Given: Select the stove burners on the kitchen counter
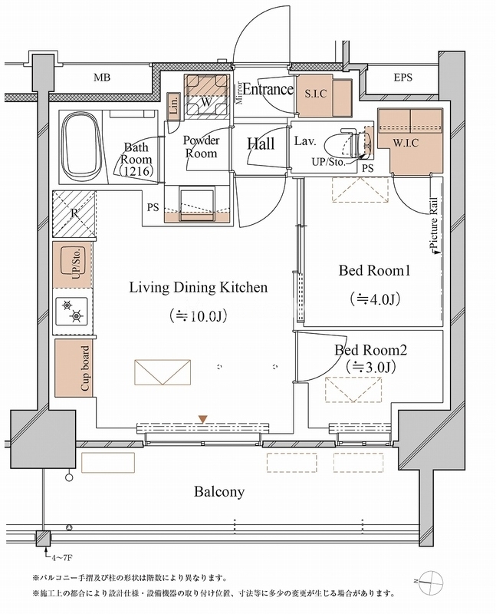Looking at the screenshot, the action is (x=72, y=312).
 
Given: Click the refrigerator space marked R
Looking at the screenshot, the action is (x=74, y=213).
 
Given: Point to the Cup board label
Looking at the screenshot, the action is (x=85, y=368).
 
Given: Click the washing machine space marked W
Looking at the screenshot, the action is (x=206, y=97).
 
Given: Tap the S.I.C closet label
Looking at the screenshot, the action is (x=316, y=94).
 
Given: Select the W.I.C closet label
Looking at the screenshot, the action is (x=406, y=143).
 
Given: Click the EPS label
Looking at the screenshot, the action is (x=403, y=78).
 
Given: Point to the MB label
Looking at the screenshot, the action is (x=102, y=78).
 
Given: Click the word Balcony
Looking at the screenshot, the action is (x=219, y=492).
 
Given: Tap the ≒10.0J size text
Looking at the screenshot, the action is (x=199, y=315).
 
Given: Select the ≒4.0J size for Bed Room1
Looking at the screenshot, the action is (x=375, y=299).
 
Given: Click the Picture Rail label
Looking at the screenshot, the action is (x=434, y=223).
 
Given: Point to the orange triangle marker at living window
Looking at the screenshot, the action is (x=202, y=419).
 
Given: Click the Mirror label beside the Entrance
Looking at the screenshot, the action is (x=240, y=93).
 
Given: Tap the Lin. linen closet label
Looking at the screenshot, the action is (x=174, y=105).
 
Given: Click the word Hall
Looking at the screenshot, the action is (x=261, y=144).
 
